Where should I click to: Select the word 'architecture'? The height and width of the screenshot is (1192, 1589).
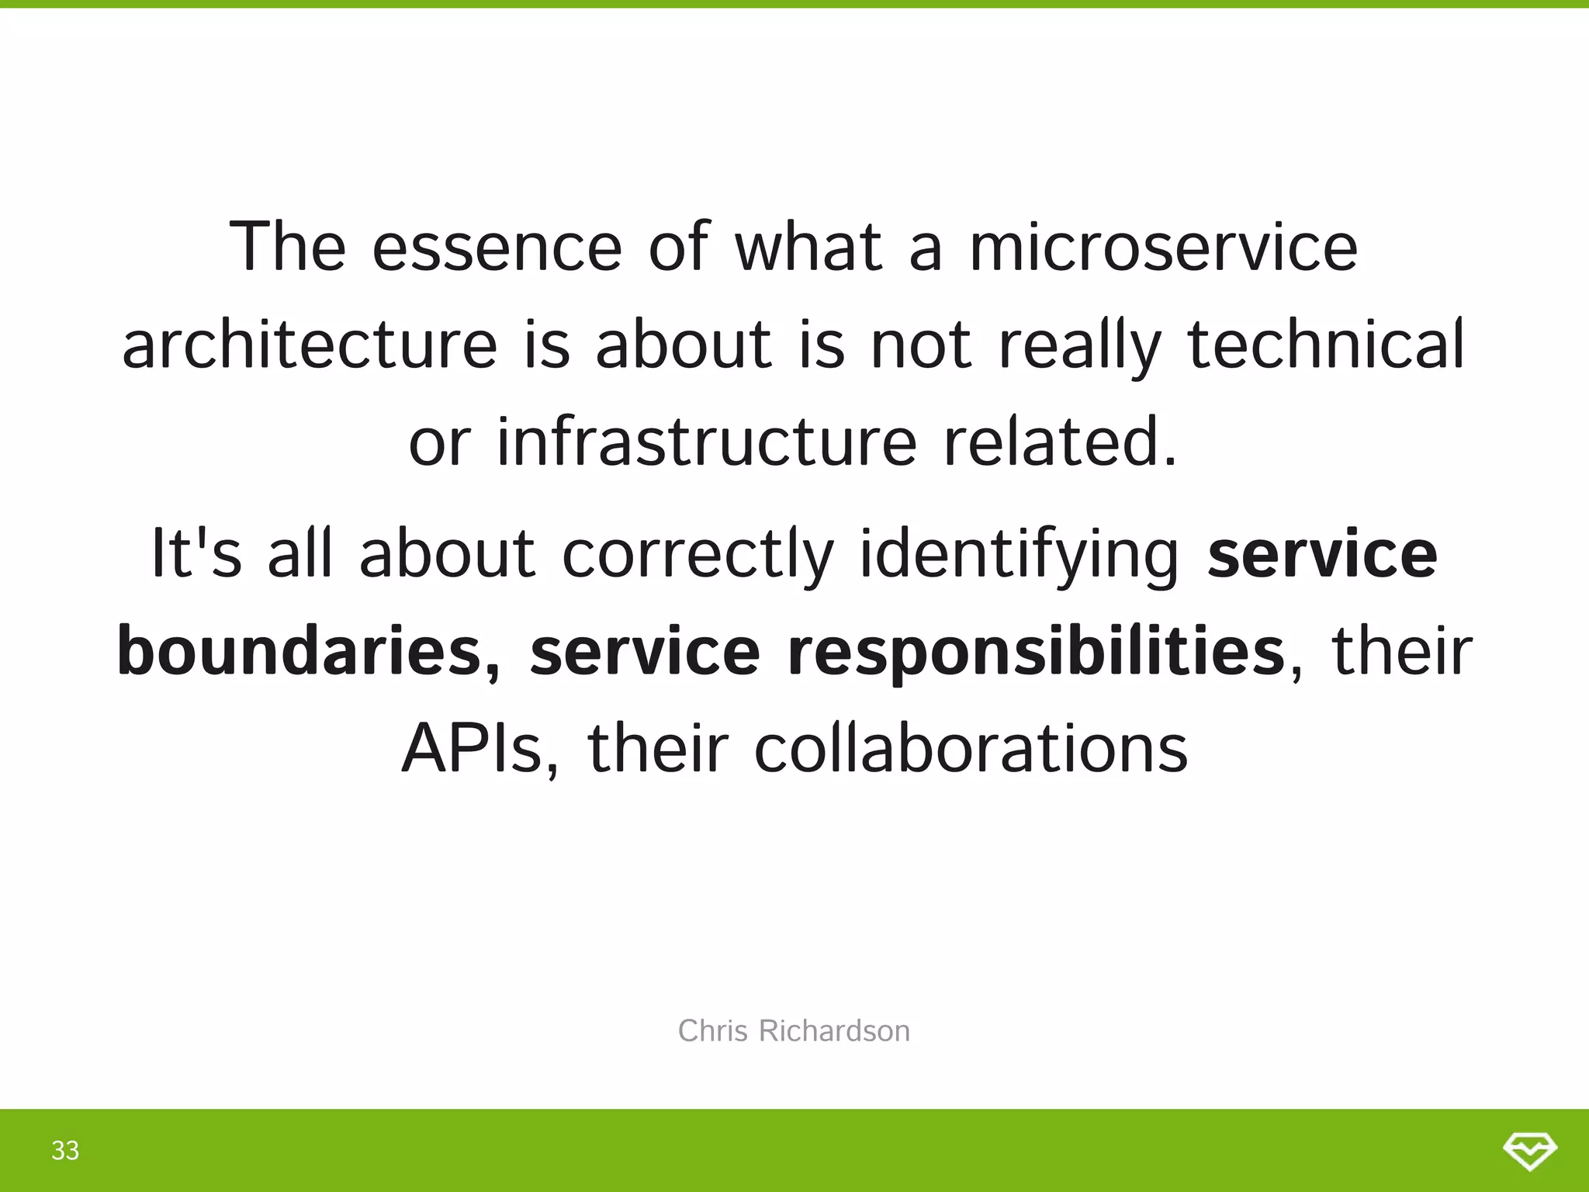[x=310, y=345]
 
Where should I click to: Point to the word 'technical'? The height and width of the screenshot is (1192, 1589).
[x=1326, y=345]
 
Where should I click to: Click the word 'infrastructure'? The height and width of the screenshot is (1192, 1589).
[x=706, y=442]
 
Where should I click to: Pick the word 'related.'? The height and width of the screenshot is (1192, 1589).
[x=1061, y=442]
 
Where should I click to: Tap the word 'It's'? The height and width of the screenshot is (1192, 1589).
[x=196, y=553]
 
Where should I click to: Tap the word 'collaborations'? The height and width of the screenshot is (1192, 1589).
[x=971, y=749]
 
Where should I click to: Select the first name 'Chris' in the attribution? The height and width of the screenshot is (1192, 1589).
[x=713, y=1031]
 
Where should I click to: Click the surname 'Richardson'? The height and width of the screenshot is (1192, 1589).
[x=834, y=1031]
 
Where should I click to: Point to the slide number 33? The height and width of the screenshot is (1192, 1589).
[x=65, y=1150]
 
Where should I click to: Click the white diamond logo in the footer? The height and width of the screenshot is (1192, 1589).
[x=1529, y=1151]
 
